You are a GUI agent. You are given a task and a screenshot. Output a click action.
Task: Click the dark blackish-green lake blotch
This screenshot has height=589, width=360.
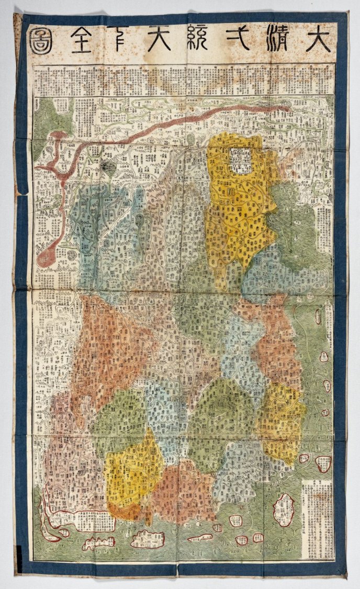(108, 167)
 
